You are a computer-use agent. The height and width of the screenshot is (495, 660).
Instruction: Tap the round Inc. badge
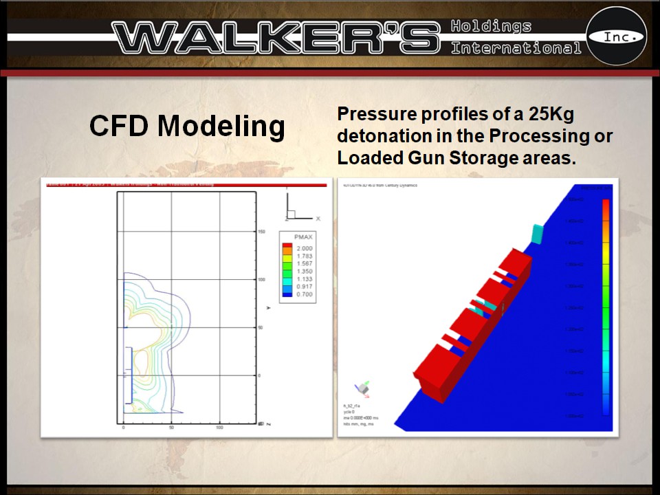(x=616, y=36)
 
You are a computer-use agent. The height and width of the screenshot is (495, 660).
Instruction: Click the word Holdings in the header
(x=491, y=27)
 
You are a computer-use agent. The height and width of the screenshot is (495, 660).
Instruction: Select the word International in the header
(x=516, y=48)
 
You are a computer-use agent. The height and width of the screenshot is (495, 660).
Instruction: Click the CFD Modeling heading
(x=187, y=126)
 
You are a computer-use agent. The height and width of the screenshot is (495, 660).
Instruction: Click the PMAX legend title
(x=303, y=236)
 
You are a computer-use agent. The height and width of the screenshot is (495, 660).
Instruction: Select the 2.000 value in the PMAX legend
(x=303, y=248)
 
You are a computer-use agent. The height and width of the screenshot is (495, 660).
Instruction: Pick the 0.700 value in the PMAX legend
(x=303, y=294)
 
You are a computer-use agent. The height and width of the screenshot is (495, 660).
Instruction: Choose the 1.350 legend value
(x=303, y=272)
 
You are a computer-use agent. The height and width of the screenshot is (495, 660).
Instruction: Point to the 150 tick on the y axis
(x=262, y=232)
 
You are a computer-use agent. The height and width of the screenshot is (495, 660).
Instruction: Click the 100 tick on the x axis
(x=220, y=428)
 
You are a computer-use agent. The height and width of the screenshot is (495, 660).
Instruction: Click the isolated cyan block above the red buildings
(x=538, y=232)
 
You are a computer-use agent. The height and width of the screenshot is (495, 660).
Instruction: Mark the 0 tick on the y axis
(x=260, y=376)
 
